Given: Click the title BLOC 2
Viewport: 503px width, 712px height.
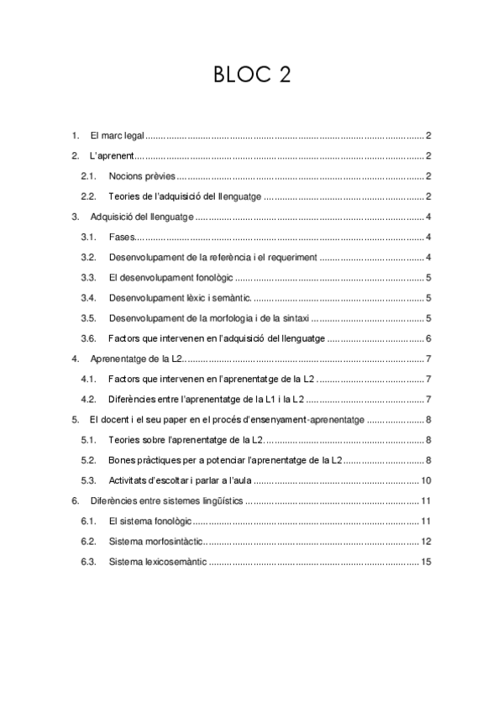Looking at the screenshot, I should click(251, 76).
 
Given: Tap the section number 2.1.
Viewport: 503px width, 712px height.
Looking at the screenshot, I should click(88, 176).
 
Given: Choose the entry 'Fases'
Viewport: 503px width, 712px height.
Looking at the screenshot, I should click(122, 238).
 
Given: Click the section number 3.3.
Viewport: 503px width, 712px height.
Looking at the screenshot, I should click(88, 278).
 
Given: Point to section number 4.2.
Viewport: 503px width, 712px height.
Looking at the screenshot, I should click(88, 400).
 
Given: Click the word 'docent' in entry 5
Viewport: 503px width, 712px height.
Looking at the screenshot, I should click(115, 420).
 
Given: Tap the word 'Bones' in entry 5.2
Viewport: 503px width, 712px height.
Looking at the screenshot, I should click(123, 460).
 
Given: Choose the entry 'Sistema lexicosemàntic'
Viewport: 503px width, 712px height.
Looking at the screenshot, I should click(157, 562).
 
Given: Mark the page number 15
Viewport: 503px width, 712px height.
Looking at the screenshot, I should click(426, 562).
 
